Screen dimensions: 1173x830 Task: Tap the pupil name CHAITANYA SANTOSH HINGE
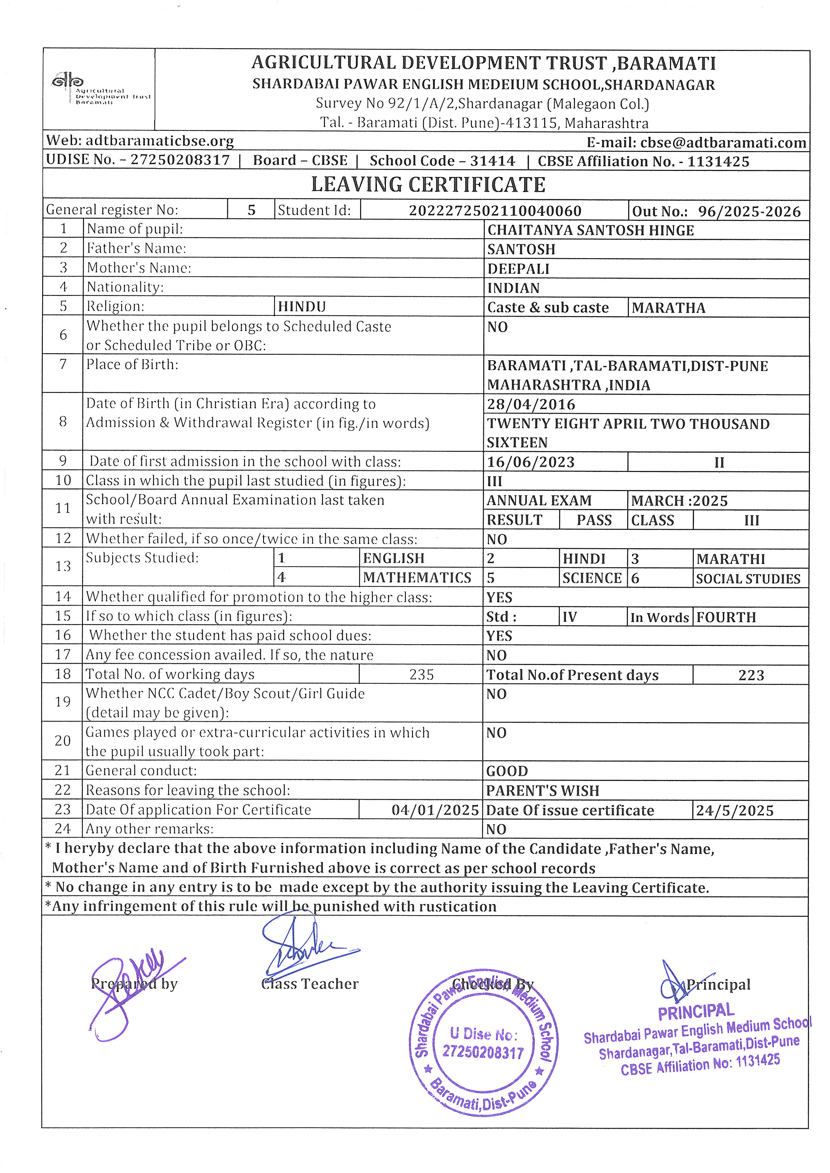pyautogui.click(x=590, y=230)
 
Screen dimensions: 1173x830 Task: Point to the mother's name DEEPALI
pyautogui.click(x=518, y=269)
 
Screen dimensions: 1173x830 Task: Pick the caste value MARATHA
pyautogui.click(x=668, y=308)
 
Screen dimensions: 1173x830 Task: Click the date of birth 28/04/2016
pyautogui.click(x=531, y=405)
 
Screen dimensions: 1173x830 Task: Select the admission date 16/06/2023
pyautogui.click(x=531, y=462)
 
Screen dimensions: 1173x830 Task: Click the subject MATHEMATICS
pyautogui.click(x=417, y=578)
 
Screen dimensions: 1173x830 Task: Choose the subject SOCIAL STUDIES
pyautogui.click(x=748, y=579)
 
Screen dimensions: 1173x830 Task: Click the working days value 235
pyautogui.click(x=421, y=675)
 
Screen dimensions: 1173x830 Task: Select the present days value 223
pyautogui.click(x=751, y=675)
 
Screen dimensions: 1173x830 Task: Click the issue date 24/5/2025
pyautogui.click(x=734, y=811)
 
